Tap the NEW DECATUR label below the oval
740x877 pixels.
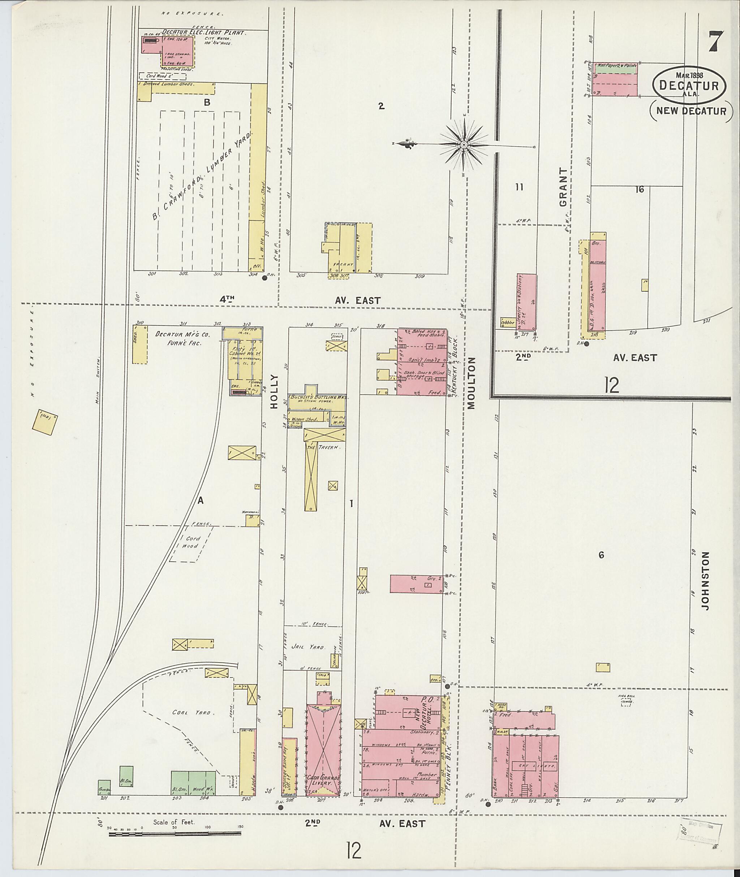coord(691,111)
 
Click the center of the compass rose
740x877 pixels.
coord(464,145)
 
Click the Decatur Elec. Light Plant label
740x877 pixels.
coord(203,32)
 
